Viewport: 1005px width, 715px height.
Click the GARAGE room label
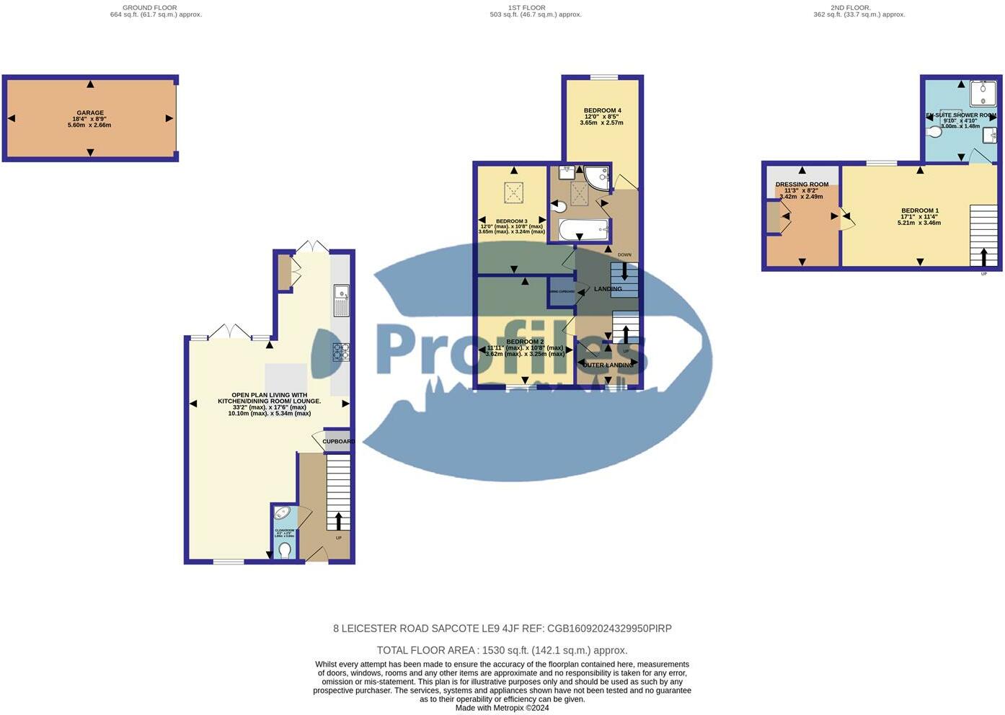click(90, 113)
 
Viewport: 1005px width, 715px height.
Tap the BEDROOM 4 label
click(602, 111)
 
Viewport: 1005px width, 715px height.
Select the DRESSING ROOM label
click(802, 185)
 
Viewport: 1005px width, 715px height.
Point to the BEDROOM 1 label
click(919, 211)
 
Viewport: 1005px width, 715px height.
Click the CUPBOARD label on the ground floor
click(338, 442)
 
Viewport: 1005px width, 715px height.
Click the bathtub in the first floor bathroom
click(585, 231)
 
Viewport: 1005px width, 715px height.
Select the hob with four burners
click(341, 352)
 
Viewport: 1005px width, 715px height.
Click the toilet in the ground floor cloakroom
click(285, 550)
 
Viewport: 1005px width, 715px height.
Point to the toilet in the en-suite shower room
click(936, 133)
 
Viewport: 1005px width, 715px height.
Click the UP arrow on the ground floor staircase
click(338, 520)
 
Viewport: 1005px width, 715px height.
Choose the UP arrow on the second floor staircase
click(984, 257)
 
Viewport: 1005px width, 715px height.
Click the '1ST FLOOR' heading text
click(527, 8)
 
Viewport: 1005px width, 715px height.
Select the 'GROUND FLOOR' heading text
click(150, 8)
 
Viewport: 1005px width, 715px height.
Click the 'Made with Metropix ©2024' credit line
click(502, 708)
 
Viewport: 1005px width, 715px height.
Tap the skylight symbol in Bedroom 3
click(513, 192)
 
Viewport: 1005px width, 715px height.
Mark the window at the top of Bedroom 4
click(603, 77)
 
